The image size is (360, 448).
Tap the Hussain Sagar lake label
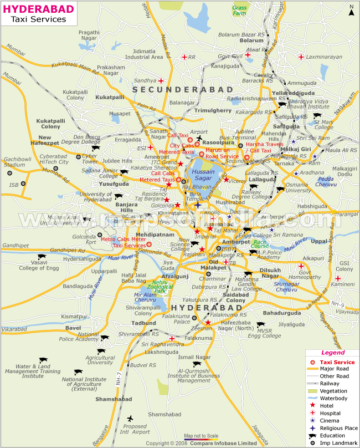[x=202, y=175]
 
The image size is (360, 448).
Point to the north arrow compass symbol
[x=351, y=9]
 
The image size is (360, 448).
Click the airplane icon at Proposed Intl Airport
[x=131, y=418]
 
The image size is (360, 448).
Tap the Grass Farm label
[x=240, y=10]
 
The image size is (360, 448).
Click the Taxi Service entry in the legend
[x=337, y=362]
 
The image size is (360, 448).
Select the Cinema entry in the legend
[x=330, y=420]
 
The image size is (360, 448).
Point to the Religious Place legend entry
[x=340, y=427]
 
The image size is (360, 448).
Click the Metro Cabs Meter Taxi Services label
[x=124, y=242]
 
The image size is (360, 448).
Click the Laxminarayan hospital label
[x=322, y=57]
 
